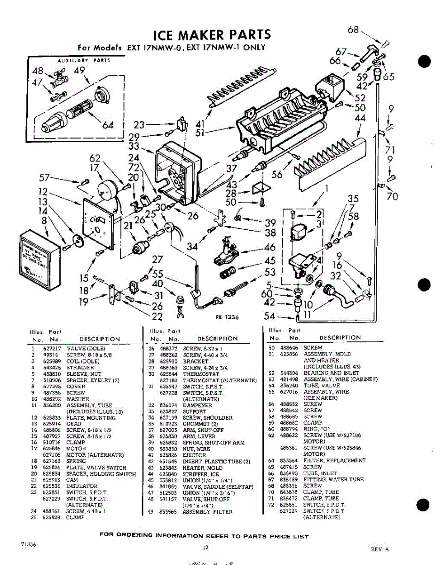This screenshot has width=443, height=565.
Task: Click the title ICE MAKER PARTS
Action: click(213, 34)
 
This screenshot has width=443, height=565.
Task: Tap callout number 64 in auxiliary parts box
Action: click(108, 125)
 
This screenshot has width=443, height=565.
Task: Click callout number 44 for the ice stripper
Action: click(360, 118)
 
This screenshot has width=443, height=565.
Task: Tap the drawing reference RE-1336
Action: click(227, 317)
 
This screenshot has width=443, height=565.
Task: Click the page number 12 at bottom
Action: click(206, 547)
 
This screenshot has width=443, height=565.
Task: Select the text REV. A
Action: click(380, 549)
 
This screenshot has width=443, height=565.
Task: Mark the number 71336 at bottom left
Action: click(29, 544)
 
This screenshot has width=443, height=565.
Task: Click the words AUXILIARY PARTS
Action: click(83, 60)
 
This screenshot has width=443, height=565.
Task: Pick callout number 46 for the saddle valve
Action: click(269, 247)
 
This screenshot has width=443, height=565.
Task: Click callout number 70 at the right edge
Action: click(392, 196)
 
